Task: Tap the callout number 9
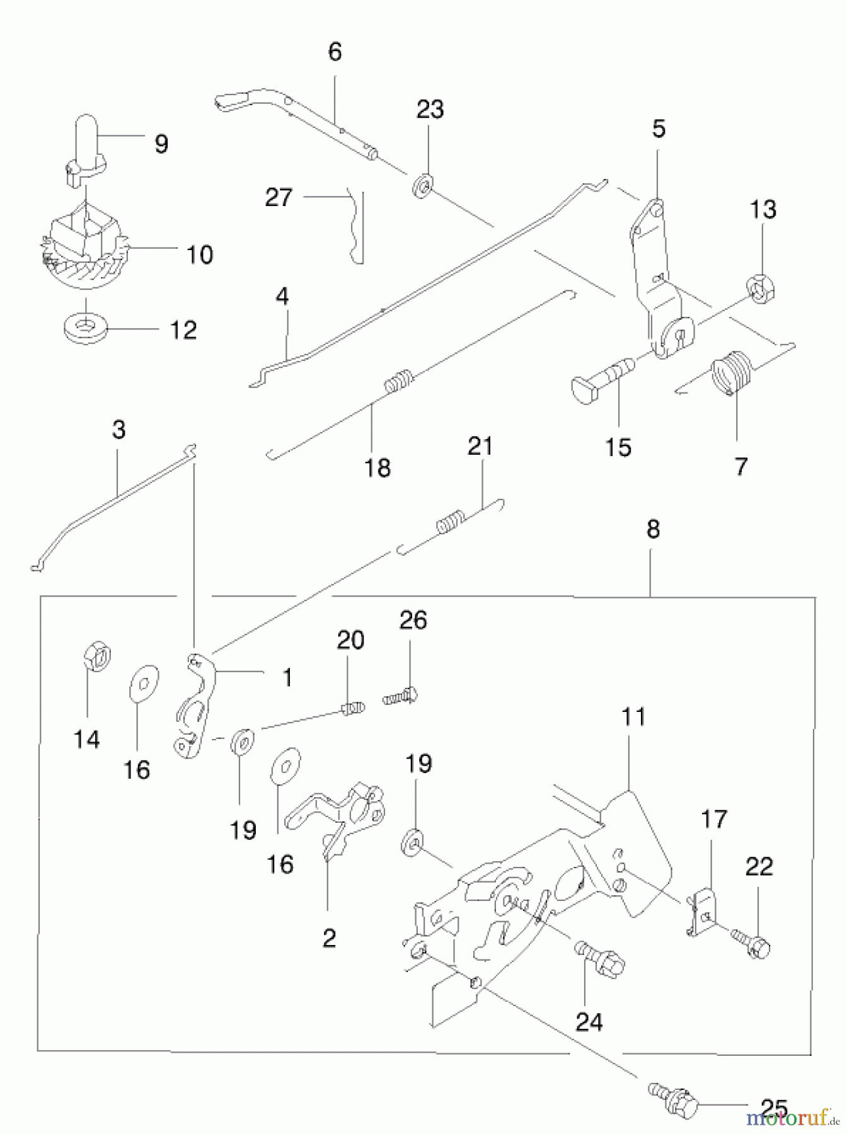tap(161, 144)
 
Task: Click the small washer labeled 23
tap(422, 187)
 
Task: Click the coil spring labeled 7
tap(730, 374)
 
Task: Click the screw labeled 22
tap(752, 944)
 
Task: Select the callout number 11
tap(633, 717)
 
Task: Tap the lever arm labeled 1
tap(195, 704)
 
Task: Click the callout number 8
tap(653, 529)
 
